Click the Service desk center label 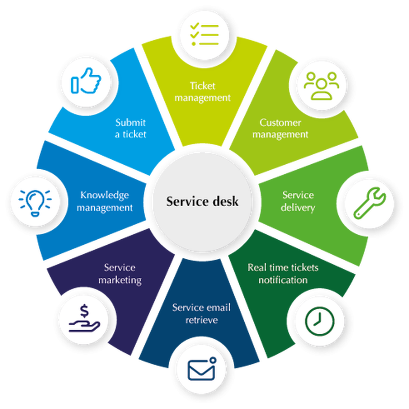tap(202, 201)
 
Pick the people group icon tap(321, 85)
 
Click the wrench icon tap(369, 203)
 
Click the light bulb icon tap(36, 201)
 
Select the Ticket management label tap(203, 91)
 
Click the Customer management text tap(280, 128)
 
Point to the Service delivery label tap(298, 201)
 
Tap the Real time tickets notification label tap(283, 273)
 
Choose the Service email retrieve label tap(201, 314)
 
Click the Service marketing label tap(120, 273)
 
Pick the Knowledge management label tap(105, 201)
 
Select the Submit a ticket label tap(131, 128)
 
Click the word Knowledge tap(105, 195)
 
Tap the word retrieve tap(202, 320)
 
